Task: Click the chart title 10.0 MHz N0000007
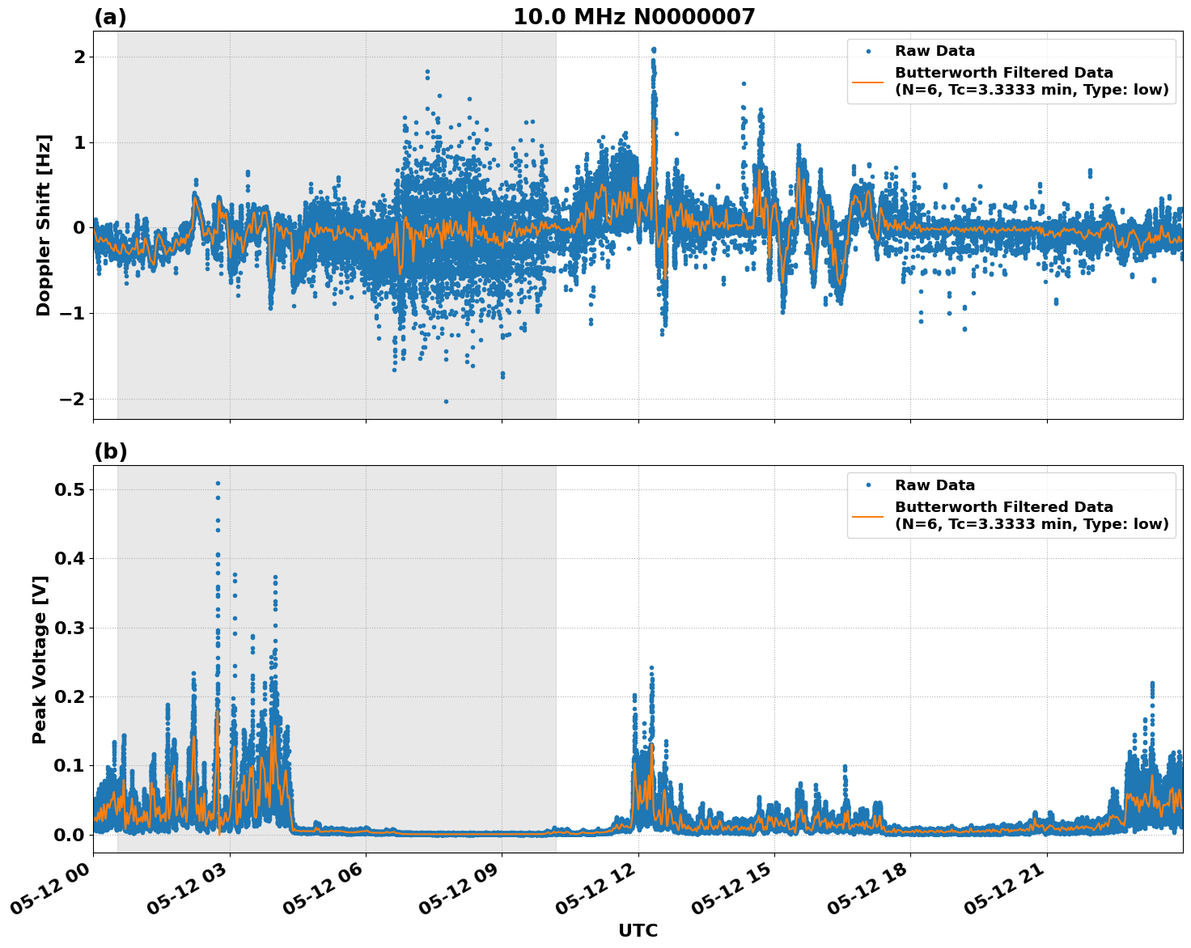(634, 17)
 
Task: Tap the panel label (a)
(110, 17)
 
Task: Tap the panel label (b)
(110, 451)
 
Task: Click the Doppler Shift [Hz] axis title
(44, 225)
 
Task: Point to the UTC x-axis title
(638, 930)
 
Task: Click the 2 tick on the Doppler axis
(79, 57)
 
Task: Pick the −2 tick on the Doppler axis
(71, 400)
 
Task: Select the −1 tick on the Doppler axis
(71, 314)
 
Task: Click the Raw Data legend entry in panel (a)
(935, 51)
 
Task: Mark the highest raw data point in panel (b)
(218, 483)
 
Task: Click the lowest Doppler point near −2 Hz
(446, 401)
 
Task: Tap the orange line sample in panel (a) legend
(867, 81)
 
